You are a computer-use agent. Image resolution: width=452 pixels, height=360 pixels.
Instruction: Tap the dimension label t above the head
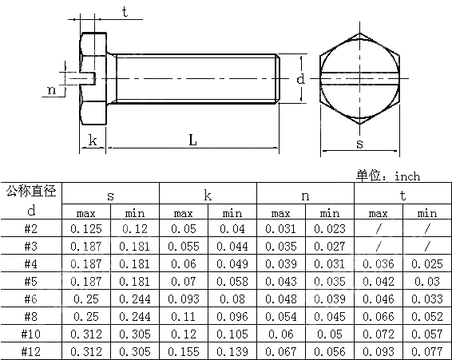pos(125,11)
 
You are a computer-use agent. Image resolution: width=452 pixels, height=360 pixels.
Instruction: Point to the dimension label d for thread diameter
pos(300,80)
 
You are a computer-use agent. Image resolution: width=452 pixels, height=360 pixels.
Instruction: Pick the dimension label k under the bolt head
pos(93,140)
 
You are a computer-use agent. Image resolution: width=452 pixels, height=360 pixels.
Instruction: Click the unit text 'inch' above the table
pos(406,176)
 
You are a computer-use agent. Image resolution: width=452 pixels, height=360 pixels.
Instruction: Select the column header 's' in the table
pos(110,195)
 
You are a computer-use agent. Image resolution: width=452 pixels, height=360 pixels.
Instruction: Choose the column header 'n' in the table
pos(304,195)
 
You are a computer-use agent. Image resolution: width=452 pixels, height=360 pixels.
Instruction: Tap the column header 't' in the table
pos(402,195)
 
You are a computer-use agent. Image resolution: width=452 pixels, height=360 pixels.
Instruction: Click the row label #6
pos(31,299)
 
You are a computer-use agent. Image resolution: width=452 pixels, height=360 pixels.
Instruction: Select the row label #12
pos(31,350)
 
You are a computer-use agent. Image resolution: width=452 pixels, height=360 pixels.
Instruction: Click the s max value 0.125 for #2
pos(86,229)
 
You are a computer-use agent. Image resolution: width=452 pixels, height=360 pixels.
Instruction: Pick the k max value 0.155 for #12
pos(184,350)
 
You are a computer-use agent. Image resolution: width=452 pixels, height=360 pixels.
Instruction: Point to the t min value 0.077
pos(426,350)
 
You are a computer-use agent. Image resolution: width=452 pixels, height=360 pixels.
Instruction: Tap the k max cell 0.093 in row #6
pos(184,299)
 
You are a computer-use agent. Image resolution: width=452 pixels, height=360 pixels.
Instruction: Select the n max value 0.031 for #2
pos(280,229)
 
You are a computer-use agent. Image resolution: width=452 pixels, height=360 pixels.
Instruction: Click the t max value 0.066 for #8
pos(378,316)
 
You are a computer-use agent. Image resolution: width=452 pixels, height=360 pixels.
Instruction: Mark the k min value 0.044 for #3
pos(232,247)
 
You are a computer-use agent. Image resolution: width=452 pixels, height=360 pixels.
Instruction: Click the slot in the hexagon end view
pos(360,79)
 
